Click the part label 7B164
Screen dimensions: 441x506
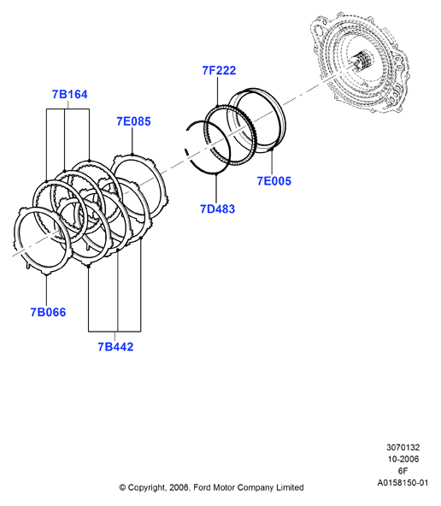click(x=70, y=94)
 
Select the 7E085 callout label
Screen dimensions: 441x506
click(x=133, y=121)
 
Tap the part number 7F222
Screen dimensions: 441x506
click(x=219, y=70)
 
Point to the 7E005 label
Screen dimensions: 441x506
click(x=273, y=180)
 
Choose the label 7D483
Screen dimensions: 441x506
click(x=217, y=209)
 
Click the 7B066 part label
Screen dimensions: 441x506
click(x=48, y=312)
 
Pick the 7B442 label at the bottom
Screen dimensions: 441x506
click(x=115, y=346)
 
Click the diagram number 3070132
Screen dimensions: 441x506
click(x=403, y=447)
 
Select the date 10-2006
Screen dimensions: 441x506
click(x=403, y=459)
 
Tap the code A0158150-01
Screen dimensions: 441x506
click(x=403, y=483)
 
